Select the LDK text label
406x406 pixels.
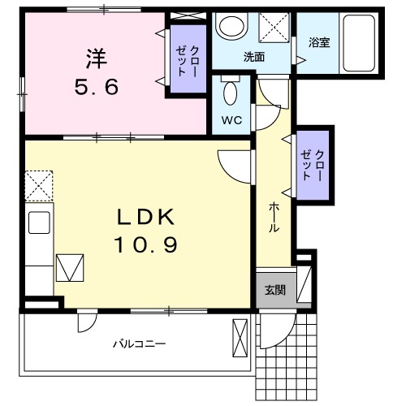click(x=145, y=218)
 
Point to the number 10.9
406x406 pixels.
click(x=145, y=244)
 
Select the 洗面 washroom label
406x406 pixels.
click(x=254, y=57)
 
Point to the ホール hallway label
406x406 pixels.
click(x=274, y=218)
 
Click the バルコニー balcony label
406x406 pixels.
click(x=139, y=343)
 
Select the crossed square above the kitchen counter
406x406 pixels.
click(x=39, y=186)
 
